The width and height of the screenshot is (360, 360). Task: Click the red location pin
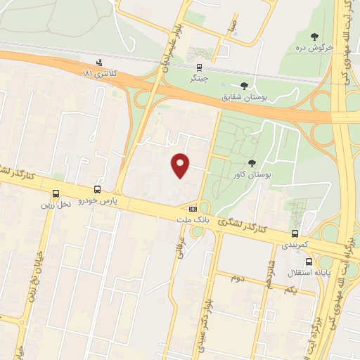pos(181,165)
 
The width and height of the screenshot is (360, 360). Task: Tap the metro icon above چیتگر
pos(200,68)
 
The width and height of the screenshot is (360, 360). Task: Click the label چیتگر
pos(199,79)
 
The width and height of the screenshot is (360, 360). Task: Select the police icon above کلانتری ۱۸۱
pos(98,61)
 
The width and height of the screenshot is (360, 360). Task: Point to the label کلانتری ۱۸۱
pos(98,72)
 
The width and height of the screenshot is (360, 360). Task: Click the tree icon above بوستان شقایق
pos(244,86)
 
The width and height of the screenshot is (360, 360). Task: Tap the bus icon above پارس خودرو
pos(97,189)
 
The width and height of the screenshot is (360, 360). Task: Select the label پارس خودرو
pos(97,200)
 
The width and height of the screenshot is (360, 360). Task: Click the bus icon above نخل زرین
pos(56,194)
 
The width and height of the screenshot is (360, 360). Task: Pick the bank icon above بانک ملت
pos(193,209)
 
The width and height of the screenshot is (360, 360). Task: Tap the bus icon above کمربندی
pos(295,233)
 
